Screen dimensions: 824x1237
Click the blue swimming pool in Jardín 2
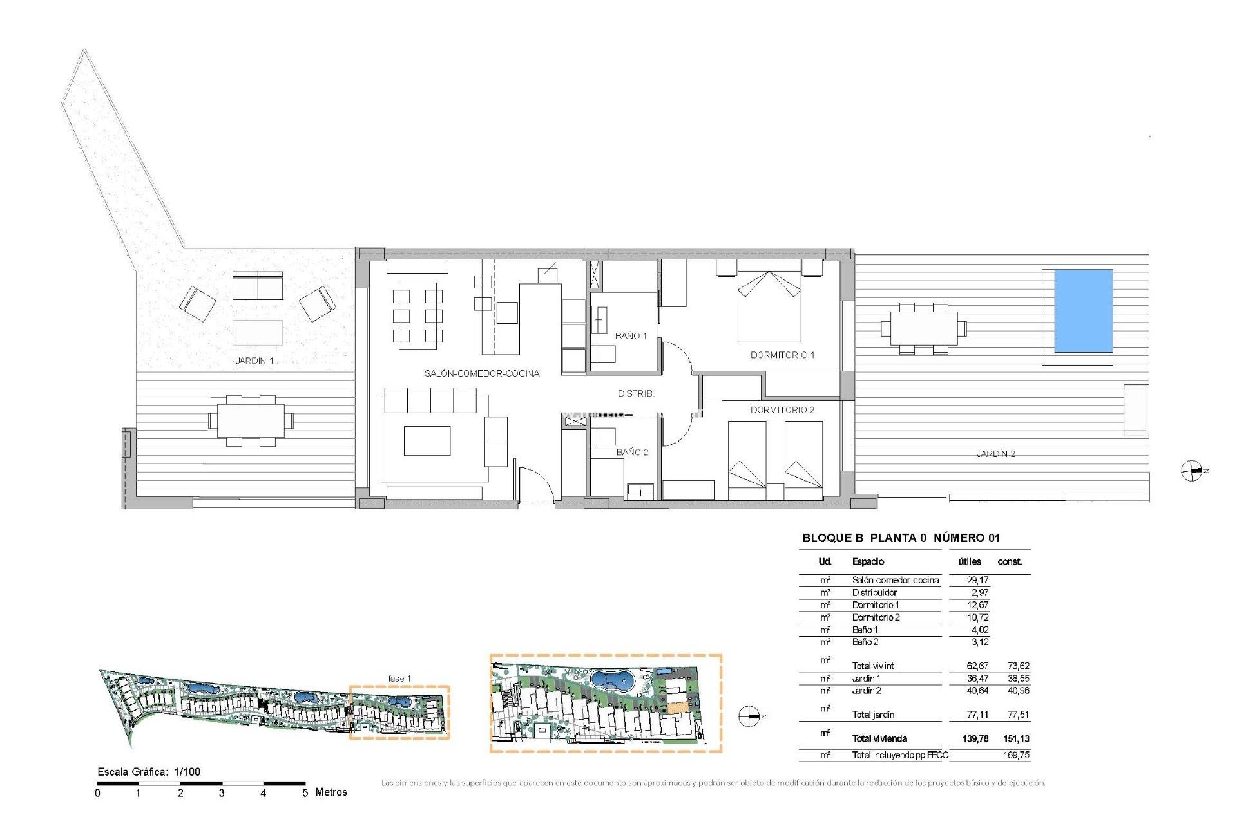(1084, 311)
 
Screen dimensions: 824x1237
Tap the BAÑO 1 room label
(630, 336)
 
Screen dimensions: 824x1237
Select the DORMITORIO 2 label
(782, 410)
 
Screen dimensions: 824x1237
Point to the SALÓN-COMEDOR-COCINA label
(481, 373)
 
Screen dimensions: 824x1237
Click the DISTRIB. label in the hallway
(635, 393)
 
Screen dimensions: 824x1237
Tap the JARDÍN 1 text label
(254, 361)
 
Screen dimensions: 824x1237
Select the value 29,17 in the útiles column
(977, 580)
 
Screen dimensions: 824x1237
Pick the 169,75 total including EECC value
(1016, 755)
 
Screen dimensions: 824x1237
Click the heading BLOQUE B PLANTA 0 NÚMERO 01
(901, 538)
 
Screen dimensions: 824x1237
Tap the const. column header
(1010, 562)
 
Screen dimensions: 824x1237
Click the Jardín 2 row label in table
(867, 691)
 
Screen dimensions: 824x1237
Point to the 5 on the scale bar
(305, 793)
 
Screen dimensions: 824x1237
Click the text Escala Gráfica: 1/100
(149, 772)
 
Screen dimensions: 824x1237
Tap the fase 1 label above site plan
(399, 679)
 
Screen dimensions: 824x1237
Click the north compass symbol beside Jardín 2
(1192, 471)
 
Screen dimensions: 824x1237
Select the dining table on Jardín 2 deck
(923, 328)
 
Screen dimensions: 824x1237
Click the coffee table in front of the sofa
(427, 441)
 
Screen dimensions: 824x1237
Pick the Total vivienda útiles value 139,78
(975, 739)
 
